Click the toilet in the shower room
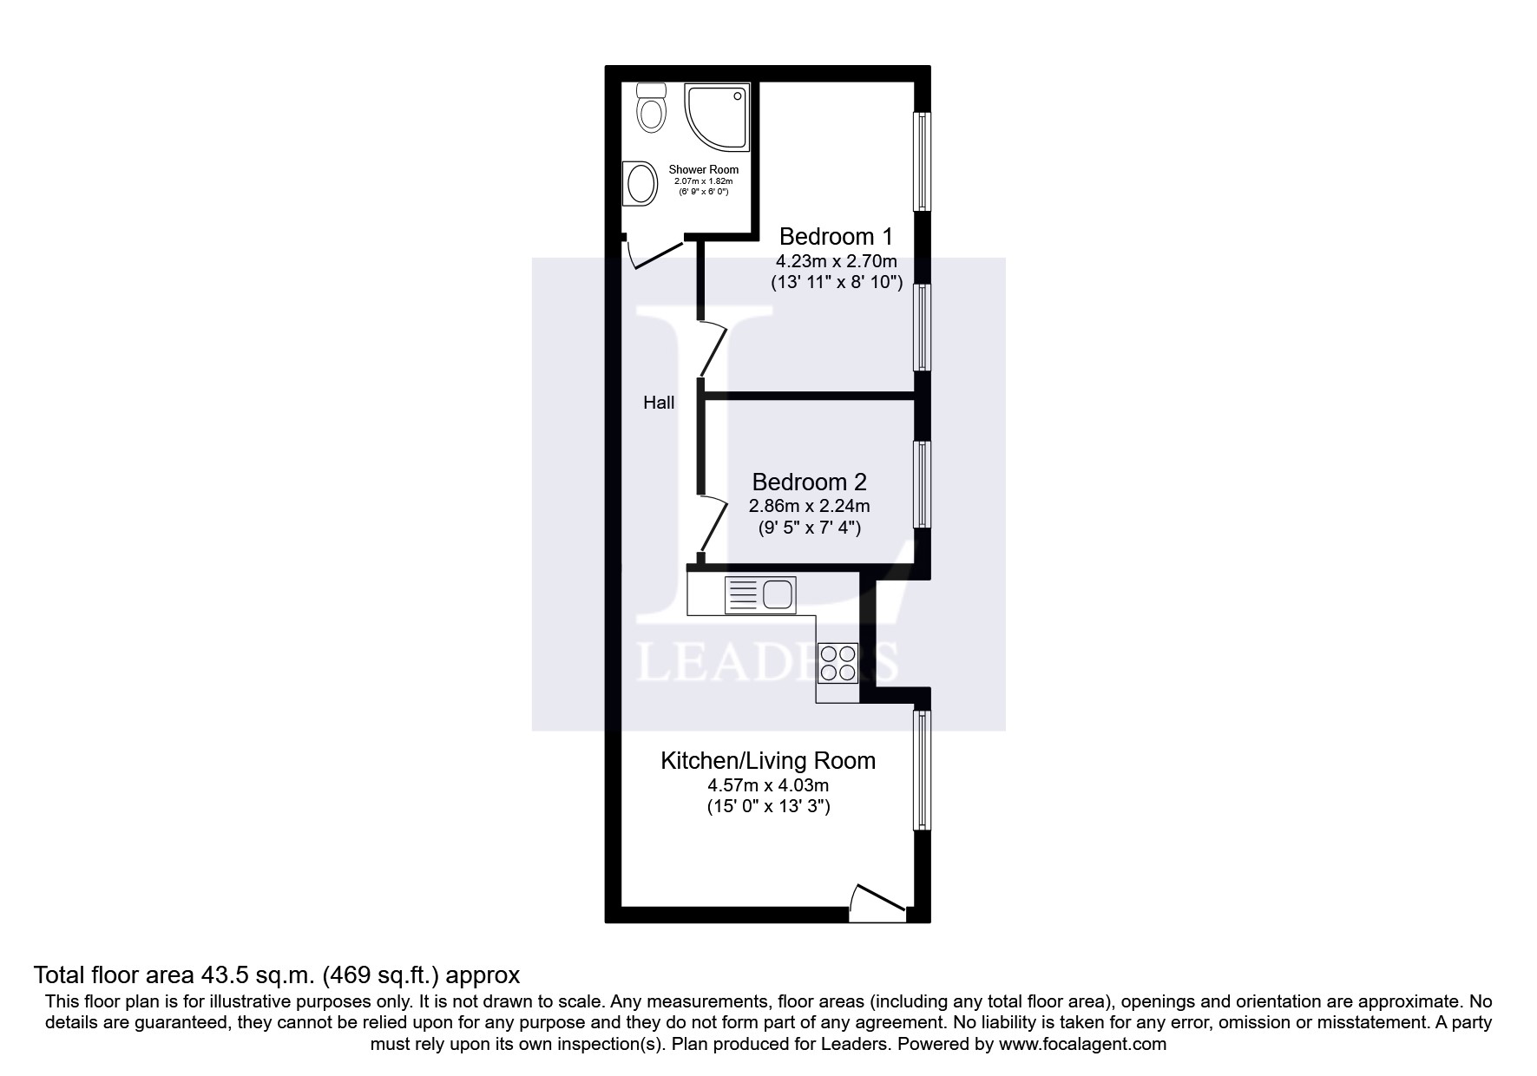point(651,108)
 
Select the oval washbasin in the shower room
point(641,184)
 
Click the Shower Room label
point(703,170)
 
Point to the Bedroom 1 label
point(836,236)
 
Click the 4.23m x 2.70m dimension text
point(836,260)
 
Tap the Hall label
point(659,403)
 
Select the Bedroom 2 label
point(809,482)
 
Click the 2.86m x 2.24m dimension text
point(809,505)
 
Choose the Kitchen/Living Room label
point(768,761)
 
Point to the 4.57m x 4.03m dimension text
point(768,785)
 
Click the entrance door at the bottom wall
point(877,905)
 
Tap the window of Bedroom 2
point(922,484)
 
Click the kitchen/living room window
point(922,770)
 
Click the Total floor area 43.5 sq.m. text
point(276,974)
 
